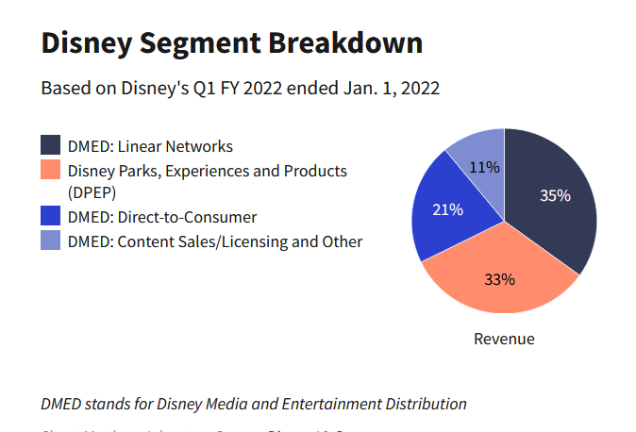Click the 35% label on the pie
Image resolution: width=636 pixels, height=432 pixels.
(x=555, y=196)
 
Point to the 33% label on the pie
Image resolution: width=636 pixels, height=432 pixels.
(x=499, y=279)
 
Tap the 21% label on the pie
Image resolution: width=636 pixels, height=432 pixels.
(x=447, y=209)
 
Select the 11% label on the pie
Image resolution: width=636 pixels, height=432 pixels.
(x=484, y=168)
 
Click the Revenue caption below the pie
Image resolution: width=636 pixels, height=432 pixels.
(x=504, y=339)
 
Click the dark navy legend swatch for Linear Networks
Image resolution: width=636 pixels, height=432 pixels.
(x=51, y=146)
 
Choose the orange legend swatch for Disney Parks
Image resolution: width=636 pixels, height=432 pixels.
(x=51, y=171)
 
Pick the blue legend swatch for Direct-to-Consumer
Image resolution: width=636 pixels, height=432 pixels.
(x=51, y=217)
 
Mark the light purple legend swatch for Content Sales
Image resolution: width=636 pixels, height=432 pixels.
(x=51, y=241)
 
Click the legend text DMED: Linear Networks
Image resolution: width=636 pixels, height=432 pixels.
(x=150, y=146)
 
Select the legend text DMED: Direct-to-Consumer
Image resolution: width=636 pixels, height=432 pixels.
(x=162, y=217)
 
